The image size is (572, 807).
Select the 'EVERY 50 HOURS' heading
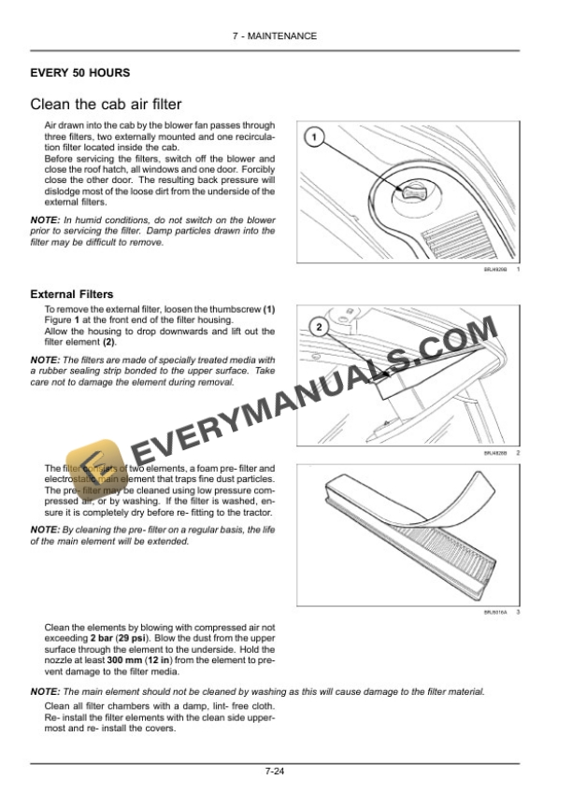tap(79, 73)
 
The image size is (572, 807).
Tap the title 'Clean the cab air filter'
tap(106, 105)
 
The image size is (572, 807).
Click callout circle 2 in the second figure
tap(319, 327)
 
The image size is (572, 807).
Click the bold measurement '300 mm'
tap(124, 660)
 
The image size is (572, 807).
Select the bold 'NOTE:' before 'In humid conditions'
tap(45, 220)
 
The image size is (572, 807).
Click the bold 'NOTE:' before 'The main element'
tap(45, 691)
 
